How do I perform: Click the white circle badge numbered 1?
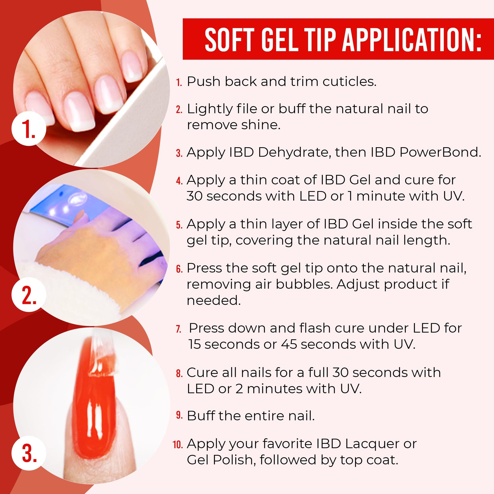[29, 128]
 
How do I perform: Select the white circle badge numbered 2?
[29, 294]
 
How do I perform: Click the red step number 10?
[178, 445]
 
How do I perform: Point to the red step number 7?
[178, 329]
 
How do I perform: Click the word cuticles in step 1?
[349, 81]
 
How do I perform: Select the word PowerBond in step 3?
[440, 152]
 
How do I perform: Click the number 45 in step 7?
[289, 344]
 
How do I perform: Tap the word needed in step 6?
[214, 300]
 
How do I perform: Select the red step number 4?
[179, 181]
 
